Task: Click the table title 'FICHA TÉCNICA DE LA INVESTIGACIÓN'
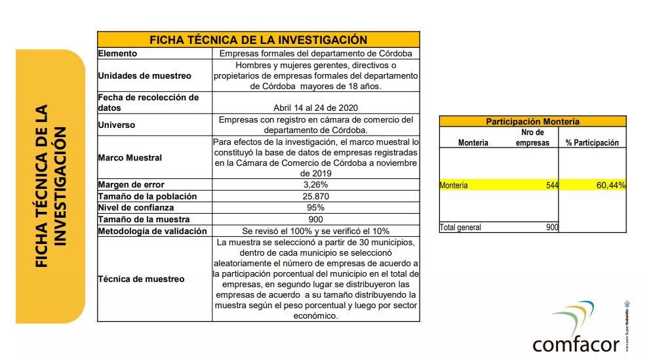tap(258, 39)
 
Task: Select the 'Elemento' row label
tap(117, 54)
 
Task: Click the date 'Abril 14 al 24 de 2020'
tap(316, 108)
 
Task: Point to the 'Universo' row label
tap(116, 125)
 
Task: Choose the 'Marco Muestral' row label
tap(130, 157)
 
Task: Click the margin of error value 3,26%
tap(316, 185)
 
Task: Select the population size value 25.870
tap(316, 196)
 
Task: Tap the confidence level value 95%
tap(316, 208)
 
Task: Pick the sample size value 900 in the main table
tap(316, 219)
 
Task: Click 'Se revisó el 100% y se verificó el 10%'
tap(316, 231)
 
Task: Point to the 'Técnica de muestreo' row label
tap(141, 279)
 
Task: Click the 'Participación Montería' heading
tap(532, 121)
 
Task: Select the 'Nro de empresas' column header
tap(531, 138)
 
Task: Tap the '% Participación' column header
tap(592, 143)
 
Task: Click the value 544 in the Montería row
tap(551, 186)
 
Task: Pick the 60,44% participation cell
tap(610, 186)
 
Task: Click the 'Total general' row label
tap(460, 228)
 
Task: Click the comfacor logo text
tap(576, 344)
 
